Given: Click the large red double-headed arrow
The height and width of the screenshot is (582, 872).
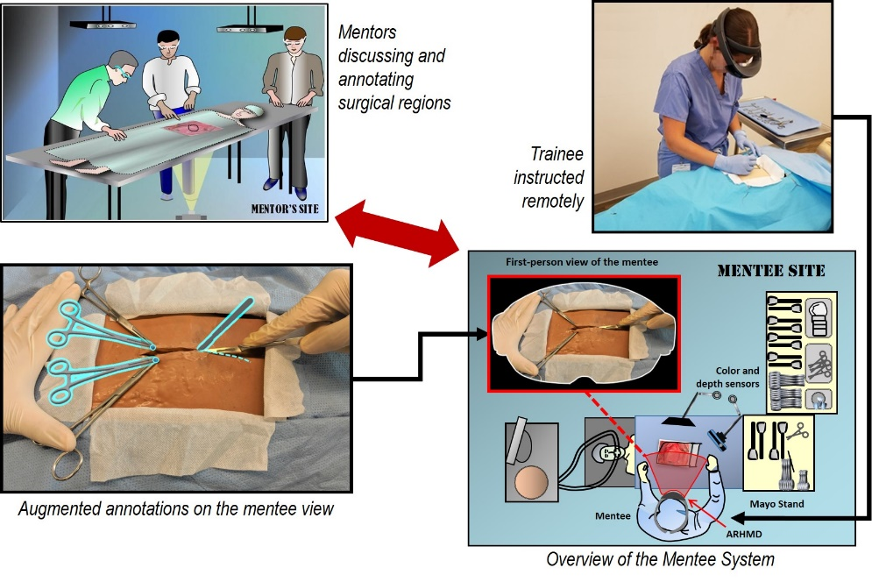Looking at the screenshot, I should (400, 232).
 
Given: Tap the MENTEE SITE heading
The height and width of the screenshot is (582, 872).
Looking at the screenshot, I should (770, 271).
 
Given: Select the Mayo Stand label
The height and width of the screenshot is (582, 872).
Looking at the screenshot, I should (777, 504).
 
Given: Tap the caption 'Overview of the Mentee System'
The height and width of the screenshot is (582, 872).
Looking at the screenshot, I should (660, 559).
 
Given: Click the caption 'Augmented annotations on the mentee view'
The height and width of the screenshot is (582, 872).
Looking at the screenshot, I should (175, 507).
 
